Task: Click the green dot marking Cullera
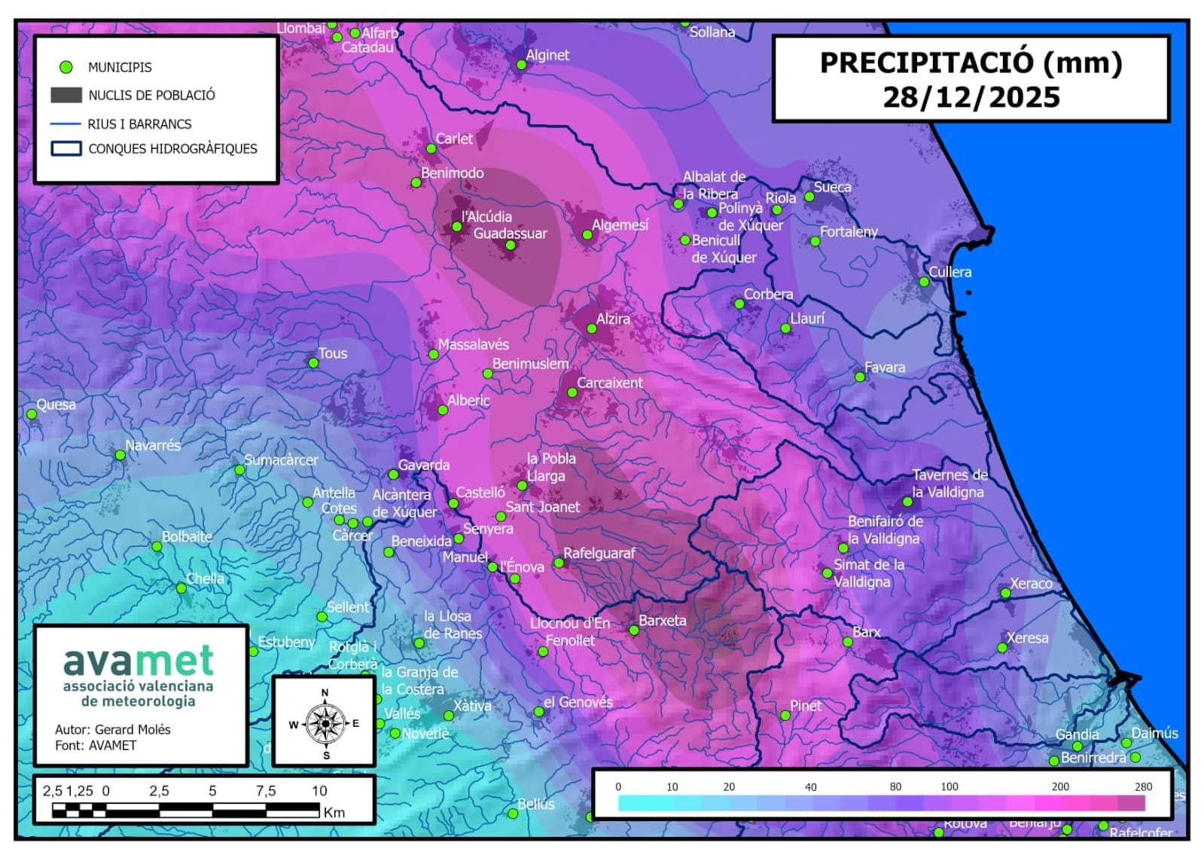click(x=924, y=282)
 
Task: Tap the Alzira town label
click(x=613, y=319)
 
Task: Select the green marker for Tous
click(x=313, y=363)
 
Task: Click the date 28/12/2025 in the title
click(x=971, y=97)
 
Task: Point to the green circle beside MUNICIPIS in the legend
click(x=66, y=67)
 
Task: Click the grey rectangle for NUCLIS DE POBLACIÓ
click(x=66, y=95)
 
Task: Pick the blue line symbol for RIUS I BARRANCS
click(x=66, y=124)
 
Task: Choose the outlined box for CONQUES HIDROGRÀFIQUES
click(x=66, y=148)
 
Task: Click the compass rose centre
click(x=325, y=723)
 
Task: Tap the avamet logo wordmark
click(x=139, y=661)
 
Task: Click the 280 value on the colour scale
click(x=1143, y=786)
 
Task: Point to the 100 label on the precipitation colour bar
click(x=949, y=786)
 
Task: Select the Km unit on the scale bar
click(x=334, y=812)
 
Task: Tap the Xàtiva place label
click(x=472, y=706)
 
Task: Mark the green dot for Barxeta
click(x=633, y=631)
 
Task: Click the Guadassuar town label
click(x=510, y=234)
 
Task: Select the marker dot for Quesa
click(x=32, y=414)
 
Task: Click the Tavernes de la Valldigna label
click(x=949, y=484)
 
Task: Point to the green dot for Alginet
click(x=521, y=65)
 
